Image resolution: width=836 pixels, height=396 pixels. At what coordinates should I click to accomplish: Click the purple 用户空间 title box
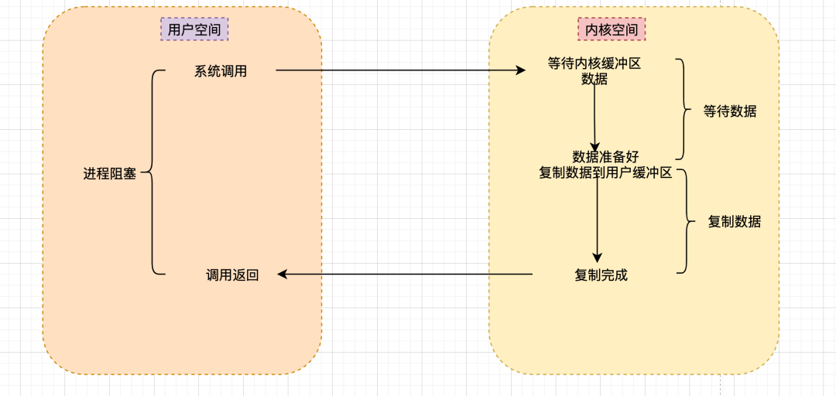(x=194, y=29)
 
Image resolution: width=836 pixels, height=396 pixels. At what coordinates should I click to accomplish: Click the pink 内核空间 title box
(x=612, y=29)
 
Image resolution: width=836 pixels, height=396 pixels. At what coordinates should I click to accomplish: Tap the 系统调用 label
(x=221, y=71)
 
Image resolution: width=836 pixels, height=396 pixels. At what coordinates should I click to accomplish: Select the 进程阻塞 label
(x=110, y=174)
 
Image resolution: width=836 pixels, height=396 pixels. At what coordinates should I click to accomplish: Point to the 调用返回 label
(x=232, y=275)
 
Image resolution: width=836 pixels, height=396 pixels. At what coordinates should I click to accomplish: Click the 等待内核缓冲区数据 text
(x=594, y=71)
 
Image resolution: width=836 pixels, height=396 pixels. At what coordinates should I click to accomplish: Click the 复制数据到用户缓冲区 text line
(x=605, y=172)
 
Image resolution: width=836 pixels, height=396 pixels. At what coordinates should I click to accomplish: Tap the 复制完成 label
(x=601, y=275)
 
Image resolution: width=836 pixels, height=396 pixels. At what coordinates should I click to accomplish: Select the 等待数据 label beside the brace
(x=730, y=111)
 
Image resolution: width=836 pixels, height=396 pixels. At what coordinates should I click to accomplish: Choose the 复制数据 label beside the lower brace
(x=735, y=222)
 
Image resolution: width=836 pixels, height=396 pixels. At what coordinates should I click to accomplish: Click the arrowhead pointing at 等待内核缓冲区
(x=521, y=70)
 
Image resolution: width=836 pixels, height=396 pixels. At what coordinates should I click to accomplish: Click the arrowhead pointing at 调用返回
(x=283, y=274)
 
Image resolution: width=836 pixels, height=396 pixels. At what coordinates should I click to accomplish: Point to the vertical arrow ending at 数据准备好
(x=594, y=116)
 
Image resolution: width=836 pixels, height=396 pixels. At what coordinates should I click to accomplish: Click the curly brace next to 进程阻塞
(x=152, y=172)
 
